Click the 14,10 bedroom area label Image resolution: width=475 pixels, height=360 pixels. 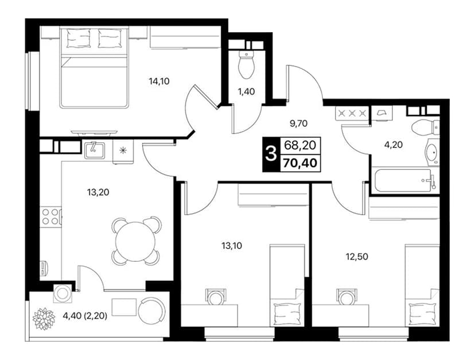pos(159,82)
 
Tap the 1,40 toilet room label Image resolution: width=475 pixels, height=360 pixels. pos(246,91)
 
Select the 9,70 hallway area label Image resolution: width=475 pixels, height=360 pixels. pos(298,123)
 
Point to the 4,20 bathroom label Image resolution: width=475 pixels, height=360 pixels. pos(393,145)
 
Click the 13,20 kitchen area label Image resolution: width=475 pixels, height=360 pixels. pos(98,192)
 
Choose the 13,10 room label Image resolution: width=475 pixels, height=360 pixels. pos(232,246)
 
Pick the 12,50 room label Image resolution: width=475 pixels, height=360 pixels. pos(357,257)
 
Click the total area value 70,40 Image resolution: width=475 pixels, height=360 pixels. pos(300,163)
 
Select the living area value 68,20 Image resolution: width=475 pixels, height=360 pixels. pos(300,146)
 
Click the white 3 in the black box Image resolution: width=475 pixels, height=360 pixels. pos(271,154)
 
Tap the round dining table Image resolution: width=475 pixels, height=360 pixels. pos(136,241)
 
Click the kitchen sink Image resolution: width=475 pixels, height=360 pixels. pos(94,150)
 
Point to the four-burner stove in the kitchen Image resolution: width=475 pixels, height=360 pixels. pos(50,216)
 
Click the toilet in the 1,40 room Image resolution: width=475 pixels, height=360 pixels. pos(246,64)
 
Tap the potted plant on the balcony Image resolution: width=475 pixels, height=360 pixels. pos(44,319)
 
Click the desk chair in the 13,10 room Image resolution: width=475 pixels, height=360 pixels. pos(215,297)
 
